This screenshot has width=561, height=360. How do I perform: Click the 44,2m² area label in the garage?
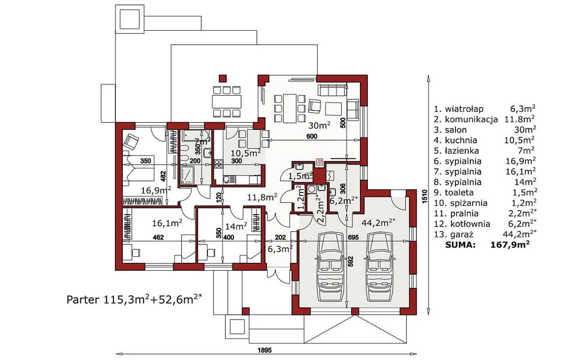coord(378,222)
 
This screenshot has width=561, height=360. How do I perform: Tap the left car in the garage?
coord(330,267)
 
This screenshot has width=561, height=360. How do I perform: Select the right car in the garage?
coord(380,267)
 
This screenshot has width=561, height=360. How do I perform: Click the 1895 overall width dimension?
coord(265,350)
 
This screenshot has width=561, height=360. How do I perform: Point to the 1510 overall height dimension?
coord(424,197)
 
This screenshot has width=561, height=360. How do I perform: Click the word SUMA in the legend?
coord(460,245)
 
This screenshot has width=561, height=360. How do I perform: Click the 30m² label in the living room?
coord(320,125)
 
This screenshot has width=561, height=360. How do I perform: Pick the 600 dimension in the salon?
coord(312,137)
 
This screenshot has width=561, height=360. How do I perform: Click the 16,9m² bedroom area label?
coord(156,191)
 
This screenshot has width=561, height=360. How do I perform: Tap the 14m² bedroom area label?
coord(236,226)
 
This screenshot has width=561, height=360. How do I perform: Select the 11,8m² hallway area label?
coord(262,197)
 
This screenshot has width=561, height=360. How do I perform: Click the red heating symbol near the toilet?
coord(320,163)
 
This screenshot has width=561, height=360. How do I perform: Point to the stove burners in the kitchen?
coord(219,164)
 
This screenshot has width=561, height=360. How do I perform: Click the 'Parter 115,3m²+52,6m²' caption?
coord(134,299)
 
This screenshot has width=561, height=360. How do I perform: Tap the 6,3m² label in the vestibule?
coord(280,249)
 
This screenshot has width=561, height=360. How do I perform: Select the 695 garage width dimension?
coord(353,237)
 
